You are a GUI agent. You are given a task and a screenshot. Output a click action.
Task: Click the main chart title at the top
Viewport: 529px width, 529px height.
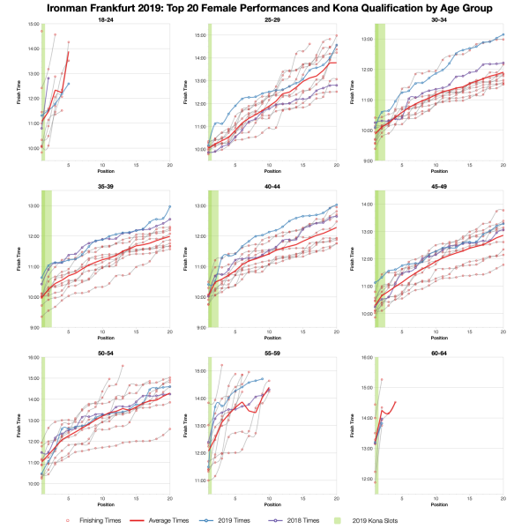[x=264, y=8]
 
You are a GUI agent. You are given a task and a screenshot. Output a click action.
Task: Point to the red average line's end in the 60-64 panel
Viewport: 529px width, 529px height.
[x=395, y=402]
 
